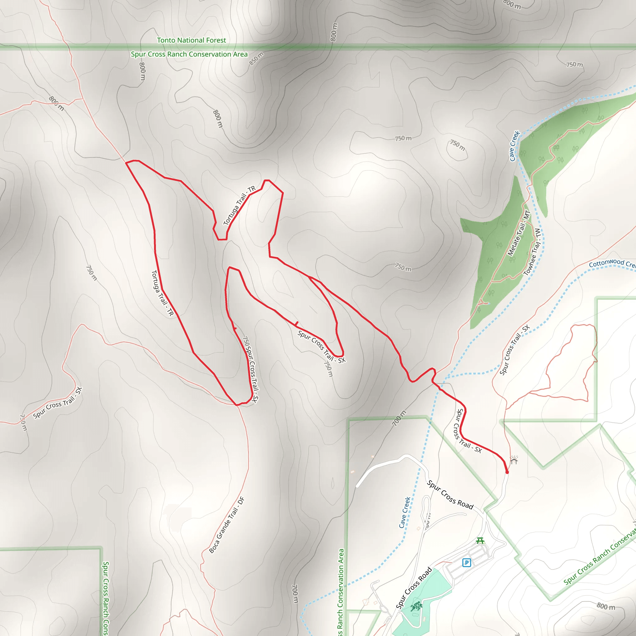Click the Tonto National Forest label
click(191, 40)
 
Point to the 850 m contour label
click(257, 59)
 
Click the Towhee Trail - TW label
click(532, 252)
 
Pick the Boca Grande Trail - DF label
click(227, 525)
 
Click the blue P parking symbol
click(466, 563)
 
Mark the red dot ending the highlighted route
click(507, 472)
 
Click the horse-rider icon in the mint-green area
click(416, 606)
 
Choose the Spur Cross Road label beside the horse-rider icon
click(414, 588)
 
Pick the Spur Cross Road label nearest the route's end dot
click(450, 495)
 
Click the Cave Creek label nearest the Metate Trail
click(514, 146)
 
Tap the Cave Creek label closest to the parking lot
click(405, 512)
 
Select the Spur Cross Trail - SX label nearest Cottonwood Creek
click(515, 350)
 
